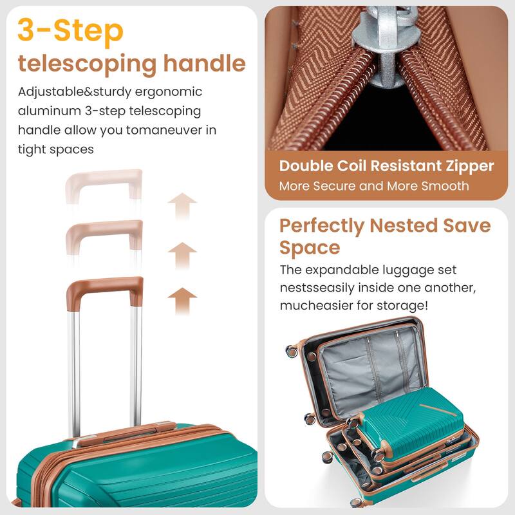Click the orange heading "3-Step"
[70, 31]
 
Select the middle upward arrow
[182, 254]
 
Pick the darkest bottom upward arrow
[182, 299]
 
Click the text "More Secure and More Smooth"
[374, 186]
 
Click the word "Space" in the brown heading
[310, 247]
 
